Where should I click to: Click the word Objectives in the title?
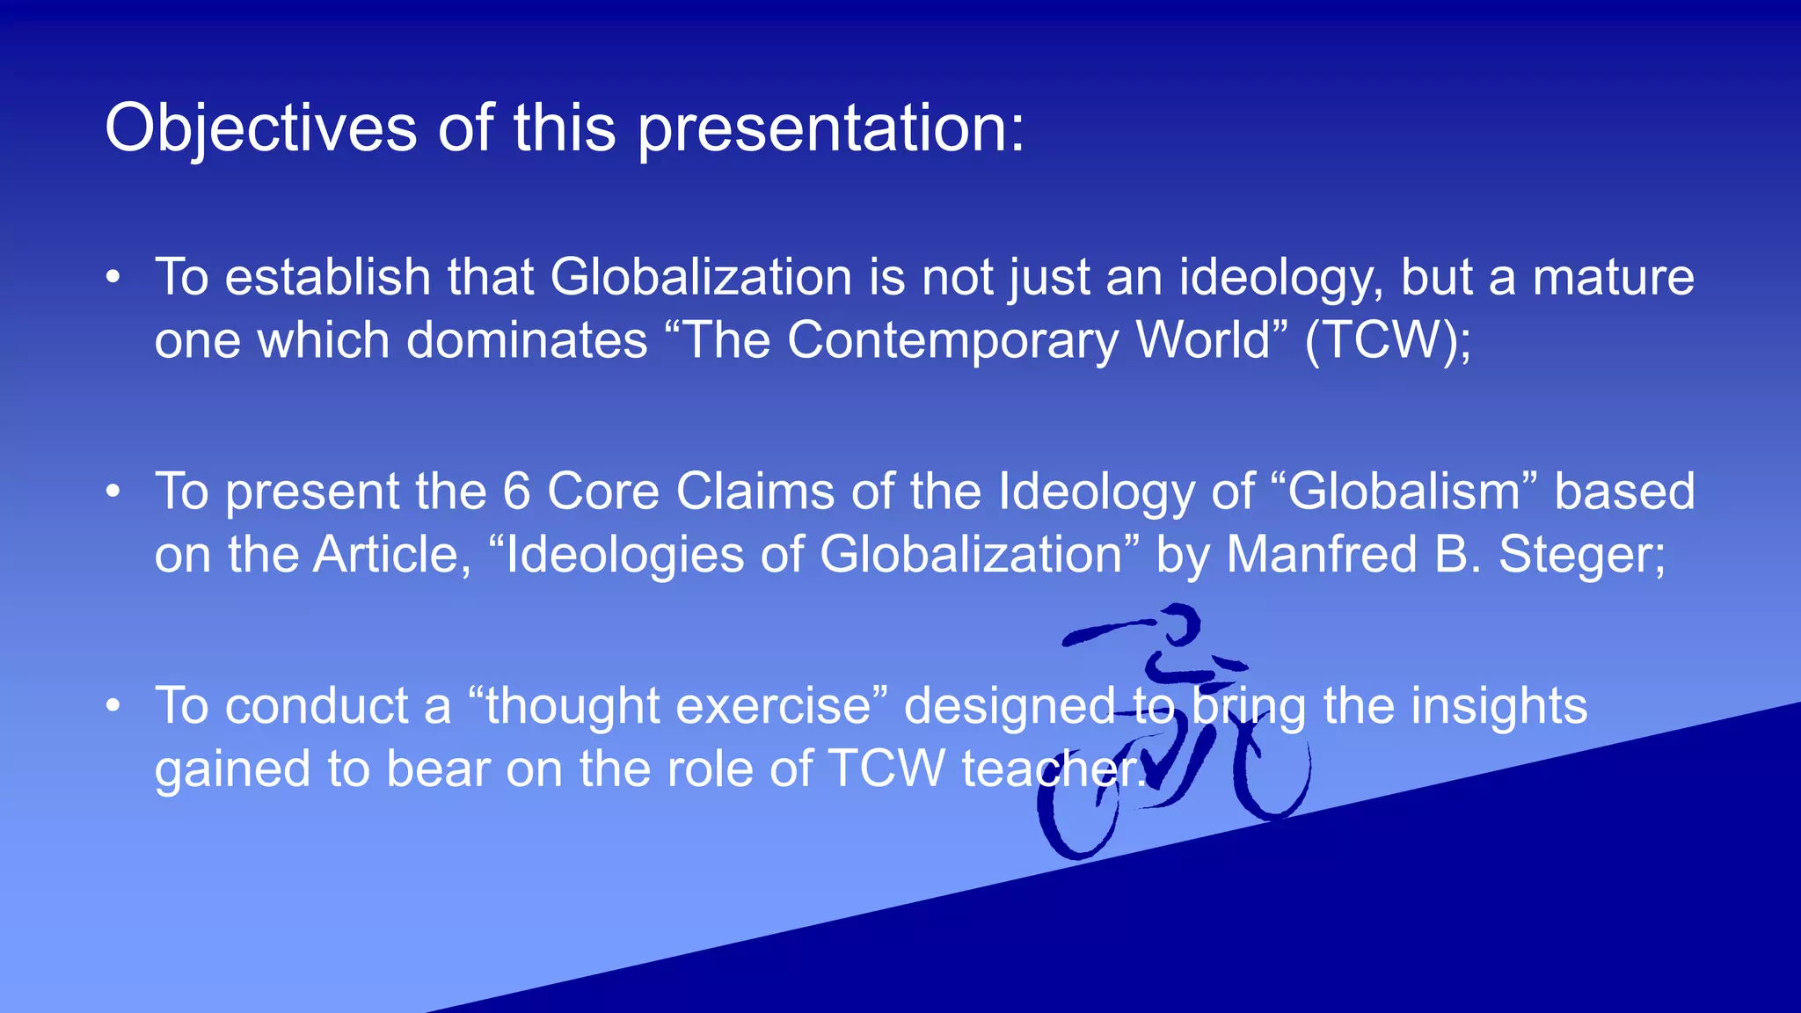click(260, 128)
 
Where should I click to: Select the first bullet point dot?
click(113, 278)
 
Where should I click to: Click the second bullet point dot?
click(113, 492)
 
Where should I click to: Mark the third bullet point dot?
click(113, 706)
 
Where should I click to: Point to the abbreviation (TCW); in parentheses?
click(1388, 340)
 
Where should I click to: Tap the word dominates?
click(527, 340)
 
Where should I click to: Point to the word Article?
click(393, 555)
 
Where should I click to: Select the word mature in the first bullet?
click(1613, 278)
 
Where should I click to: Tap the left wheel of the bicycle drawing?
click(1077, 813)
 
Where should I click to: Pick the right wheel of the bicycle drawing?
click(1271, 774)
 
